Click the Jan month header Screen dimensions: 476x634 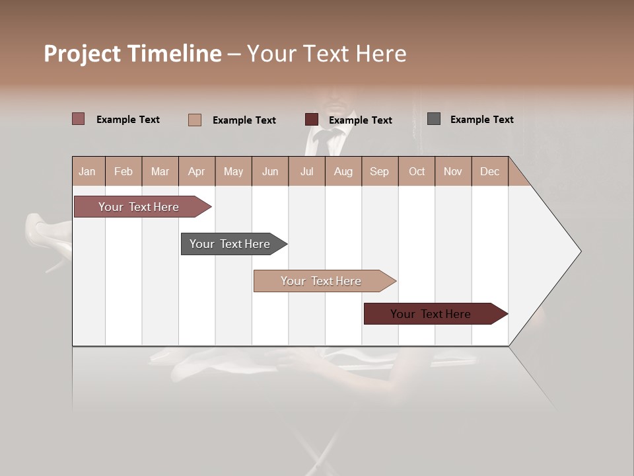(87, 171)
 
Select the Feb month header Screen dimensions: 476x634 (123, 171)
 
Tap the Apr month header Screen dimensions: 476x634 (196, 171)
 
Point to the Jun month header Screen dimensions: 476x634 (270, 171)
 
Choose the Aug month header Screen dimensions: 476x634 (343, 171)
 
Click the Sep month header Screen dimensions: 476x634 (379, 171)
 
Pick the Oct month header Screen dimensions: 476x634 (417, 171)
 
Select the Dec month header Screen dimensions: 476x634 (489, 171)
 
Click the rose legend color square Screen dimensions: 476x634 (79, 119)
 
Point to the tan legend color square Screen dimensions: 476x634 (195, 120)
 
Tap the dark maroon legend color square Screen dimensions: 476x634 (312, 120)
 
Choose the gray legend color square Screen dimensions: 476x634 (434, 119)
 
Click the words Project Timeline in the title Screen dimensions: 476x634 (133, 54)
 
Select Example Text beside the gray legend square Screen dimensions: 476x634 (481, 120)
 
